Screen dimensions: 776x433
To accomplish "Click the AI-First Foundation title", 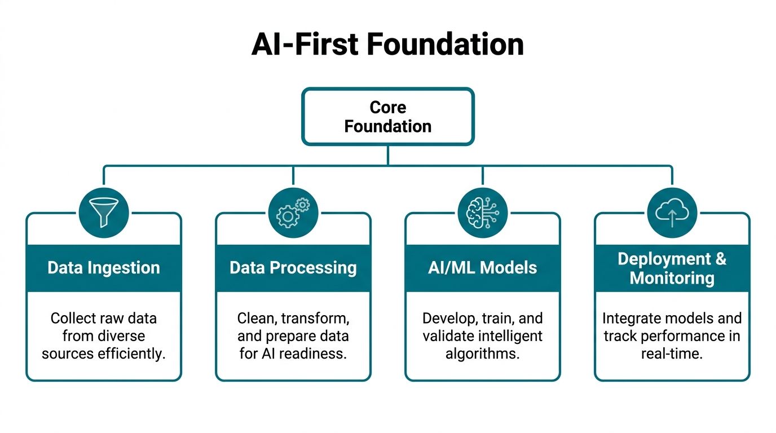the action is point(387,44).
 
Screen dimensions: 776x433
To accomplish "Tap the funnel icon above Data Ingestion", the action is point(104,213).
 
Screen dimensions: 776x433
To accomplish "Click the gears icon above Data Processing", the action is point(293,213).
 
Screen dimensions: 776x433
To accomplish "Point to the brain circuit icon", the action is point(483,213).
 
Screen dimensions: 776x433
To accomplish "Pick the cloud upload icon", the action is point(672,213).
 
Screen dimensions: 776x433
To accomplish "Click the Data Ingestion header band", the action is point(104,268).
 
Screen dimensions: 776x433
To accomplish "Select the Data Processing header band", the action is point(293,268).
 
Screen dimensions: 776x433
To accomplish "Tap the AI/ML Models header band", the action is point(483,268).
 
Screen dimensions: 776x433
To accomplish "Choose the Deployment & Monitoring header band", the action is point(672,268).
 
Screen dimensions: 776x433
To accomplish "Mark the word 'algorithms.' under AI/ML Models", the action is point(483,354).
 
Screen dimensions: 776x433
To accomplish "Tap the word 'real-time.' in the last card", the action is point(672,354).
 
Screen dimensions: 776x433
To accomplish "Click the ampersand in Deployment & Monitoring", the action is point(721,259).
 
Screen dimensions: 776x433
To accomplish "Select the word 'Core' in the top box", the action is point(387,107).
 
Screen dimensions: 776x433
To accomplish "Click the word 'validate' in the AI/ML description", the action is point(446,336).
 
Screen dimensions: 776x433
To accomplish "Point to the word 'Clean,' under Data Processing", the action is point(257,319).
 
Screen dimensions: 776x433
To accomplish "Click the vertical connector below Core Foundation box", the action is point(387,155).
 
